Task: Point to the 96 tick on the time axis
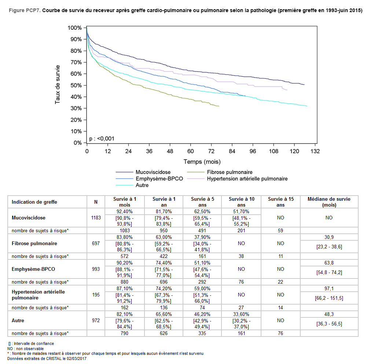(253, 151)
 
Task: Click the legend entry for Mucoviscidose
(153, 172)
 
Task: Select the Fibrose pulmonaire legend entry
(230, 172)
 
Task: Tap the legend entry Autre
(142, 185)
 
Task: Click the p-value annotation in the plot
(102, 138)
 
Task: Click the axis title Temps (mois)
(202, 161)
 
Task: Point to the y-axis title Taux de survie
(58, 85)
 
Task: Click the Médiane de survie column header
(329, 202)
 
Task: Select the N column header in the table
(96, 202)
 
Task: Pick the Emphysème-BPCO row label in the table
(31, 269)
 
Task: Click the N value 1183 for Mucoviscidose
(96, 218)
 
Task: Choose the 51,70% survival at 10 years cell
(241, 211)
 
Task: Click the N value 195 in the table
(96, 295)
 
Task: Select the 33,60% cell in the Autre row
(241, 314)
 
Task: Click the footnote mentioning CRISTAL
(47, 358)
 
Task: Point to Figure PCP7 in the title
(24, 10)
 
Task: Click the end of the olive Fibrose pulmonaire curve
(219, 106)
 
